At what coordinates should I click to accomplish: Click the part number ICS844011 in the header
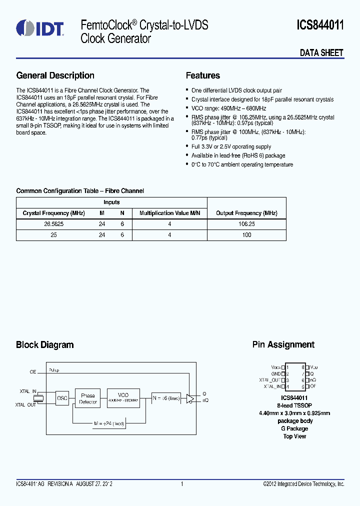(320, 25)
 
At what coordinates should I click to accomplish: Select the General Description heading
(55, 75)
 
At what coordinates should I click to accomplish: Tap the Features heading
(202, 75)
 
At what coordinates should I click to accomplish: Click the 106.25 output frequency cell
(246, 224)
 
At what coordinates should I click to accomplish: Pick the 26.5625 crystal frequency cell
(53, 224)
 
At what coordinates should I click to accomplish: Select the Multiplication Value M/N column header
(169, 213)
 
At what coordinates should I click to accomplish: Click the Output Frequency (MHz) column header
(246, 213)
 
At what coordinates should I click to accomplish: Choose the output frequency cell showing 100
(246, 234)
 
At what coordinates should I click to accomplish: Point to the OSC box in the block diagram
(62, 398)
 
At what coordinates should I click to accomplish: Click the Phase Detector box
(88, 398)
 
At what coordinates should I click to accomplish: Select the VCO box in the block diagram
(123, 397)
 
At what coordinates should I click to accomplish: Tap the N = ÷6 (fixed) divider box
(166, 397)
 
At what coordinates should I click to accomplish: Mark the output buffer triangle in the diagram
(190, 398)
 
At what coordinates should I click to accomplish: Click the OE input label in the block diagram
(33, 372)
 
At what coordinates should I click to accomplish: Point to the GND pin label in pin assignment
(275, 373)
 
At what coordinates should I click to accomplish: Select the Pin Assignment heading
(283, 344)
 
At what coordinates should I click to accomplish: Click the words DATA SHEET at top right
(321, 52)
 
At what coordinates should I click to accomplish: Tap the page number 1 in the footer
(182, 484)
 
